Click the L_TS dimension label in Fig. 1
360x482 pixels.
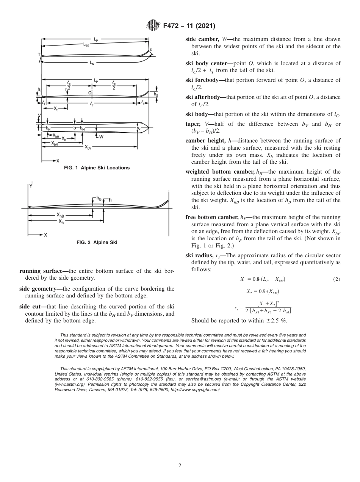tap(86, 45)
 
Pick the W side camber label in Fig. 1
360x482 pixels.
tap(101, 137)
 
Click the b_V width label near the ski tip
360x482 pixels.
tap(139, 129)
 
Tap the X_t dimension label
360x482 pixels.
tap(56, 109)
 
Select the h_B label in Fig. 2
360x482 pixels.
tap(99, 198)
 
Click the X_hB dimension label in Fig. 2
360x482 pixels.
tap(61, 216)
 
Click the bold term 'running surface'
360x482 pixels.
tap(41, 271)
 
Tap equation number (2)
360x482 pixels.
tap(337, 279)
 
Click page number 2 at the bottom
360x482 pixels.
tap(180, 466)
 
